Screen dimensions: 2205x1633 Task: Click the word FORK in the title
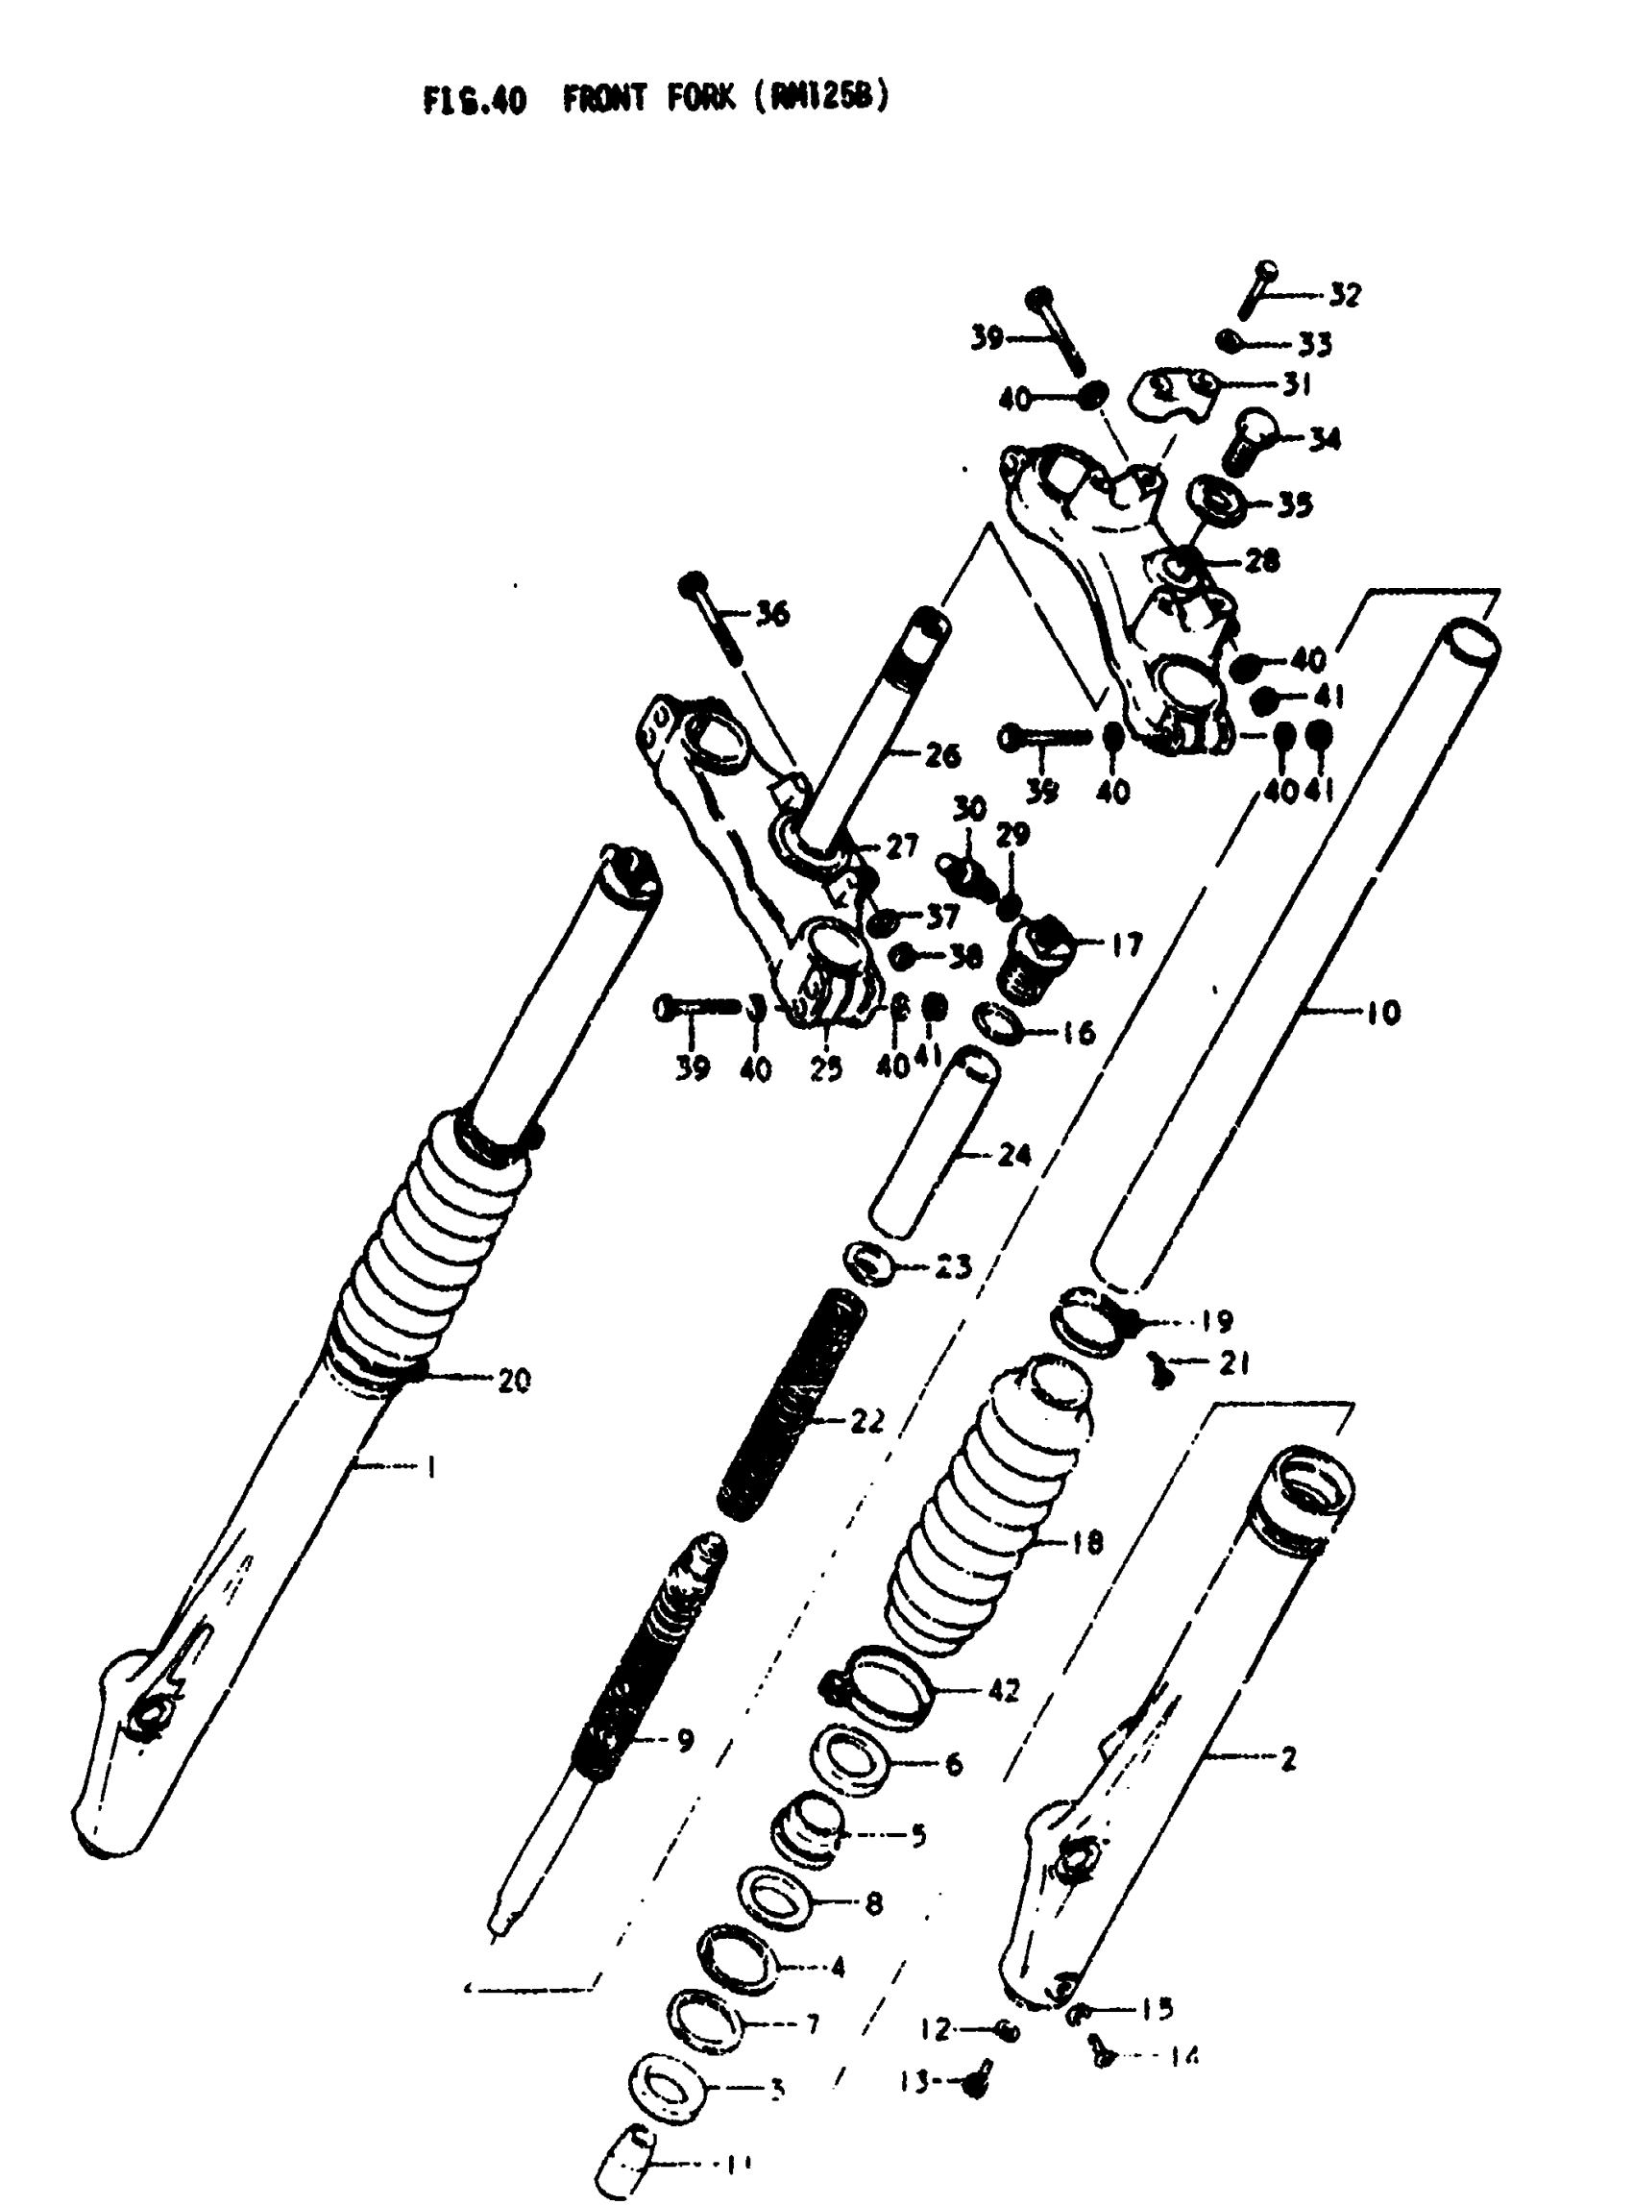point(701,99)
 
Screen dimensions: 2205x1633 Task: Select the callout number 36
point(772,614)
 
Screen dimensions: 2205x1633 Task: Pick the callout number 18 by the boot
point(1086,1541)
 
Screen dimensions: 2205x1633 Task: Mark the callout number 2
point(1288,1758)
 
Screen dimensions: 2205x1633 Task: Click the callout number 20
point(513,1380)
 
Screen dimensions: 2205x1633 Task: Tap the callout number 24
point(1014,1154)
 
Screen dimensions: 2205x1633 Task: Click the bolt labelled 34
point(1252,444)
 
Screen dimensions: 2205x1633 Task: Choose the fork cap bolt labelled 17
point(1038,959)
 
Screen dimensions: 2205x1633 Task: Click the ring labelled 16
point(998,1022)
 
